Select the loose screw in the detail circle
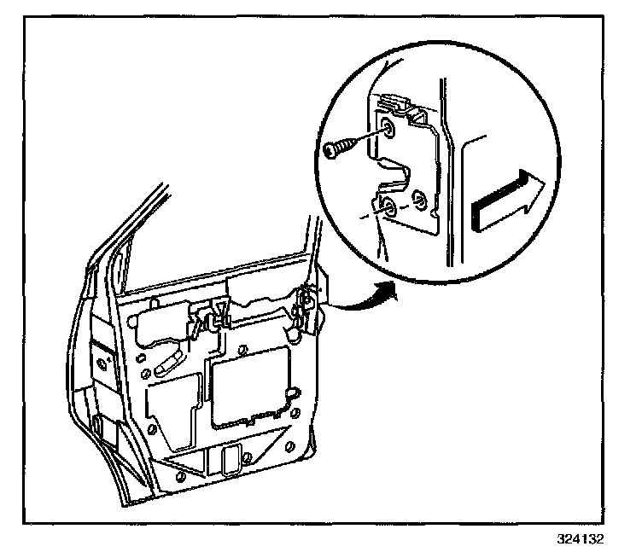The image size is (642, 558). point(340,148)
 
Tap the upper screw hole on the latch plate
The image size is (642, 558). point(388,129)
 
